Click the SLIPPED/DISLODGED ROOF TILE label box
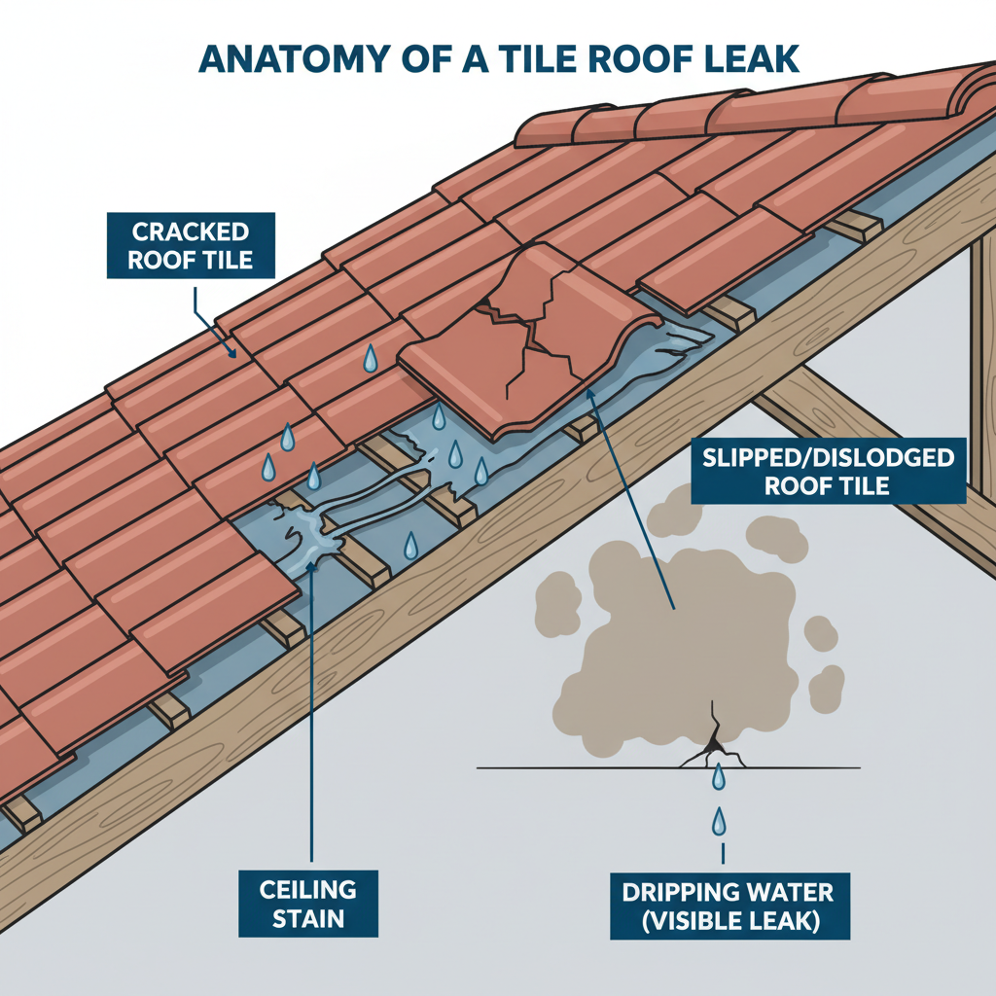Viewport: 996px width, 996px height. (828, 471)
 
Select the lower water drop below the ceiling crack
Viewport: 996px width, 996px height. (719, 822)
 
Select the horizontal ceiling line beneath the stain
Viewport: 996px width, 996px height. (584, 768)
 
